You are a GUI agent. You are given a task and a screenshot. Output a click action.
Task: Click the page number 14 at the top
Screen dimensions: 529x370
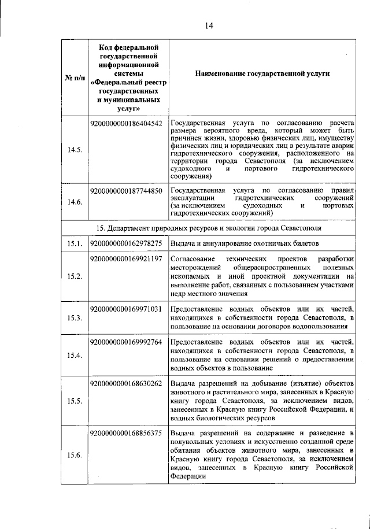(209, 25)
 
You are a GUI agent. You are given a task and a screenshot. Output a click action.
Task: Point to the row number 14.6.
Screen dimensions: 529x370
(74, 202)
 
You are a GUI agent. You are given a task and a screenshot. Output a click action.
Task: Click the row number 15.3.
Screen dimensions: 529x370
(74, 318)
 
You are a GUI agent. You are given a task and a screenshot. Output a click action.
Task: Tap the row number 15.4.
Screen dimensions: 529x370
(74, 355)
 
